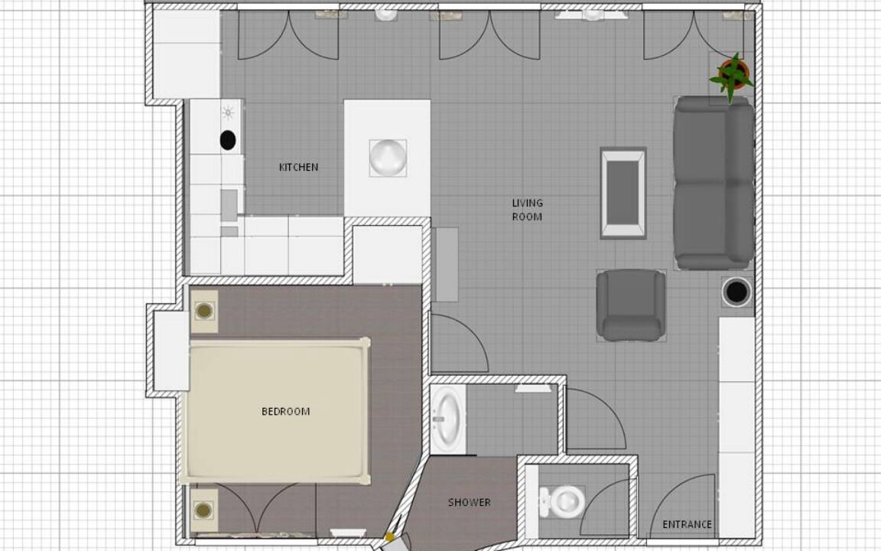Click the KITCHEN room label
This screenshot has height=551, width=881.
click(x=298, y=167)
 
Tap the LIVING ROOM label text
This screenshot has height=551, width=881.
click(x=527, y=210)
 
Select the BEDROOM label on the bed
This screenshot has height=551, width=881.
click(x=285, y=412)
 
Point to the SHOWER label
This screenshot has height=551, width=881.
click(x=469, y=502)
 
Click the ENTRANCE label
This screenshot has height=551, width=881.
click(x=688, y=524)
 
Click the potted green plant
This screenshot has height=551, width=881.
click(x=732, y=77)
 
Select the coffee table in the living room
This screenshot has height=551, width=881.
click(x=623, y=193)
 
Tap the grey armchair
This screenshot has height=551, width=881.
click(x=631, y=305)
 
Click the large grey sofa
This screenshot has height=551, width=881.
click(x=714, y=183)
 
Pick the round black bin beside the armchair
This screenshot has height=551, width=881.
click(x=736, y=292)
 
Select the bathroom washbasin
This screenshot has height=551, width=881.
click(x=448, y=419)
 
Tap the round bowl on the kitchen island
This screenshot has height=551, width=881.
click(x=388, y=158)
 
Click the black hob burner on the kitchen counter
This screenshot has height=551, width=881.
click(x=228, y=140)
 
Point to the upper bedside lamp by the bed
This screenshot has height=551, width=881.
click(x=203, y=311)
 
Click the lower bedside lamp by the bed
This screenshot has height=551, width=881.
click(x=203, y=510)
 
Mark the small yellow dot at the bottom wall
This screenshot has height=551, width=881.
click(x=389, y=537)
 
